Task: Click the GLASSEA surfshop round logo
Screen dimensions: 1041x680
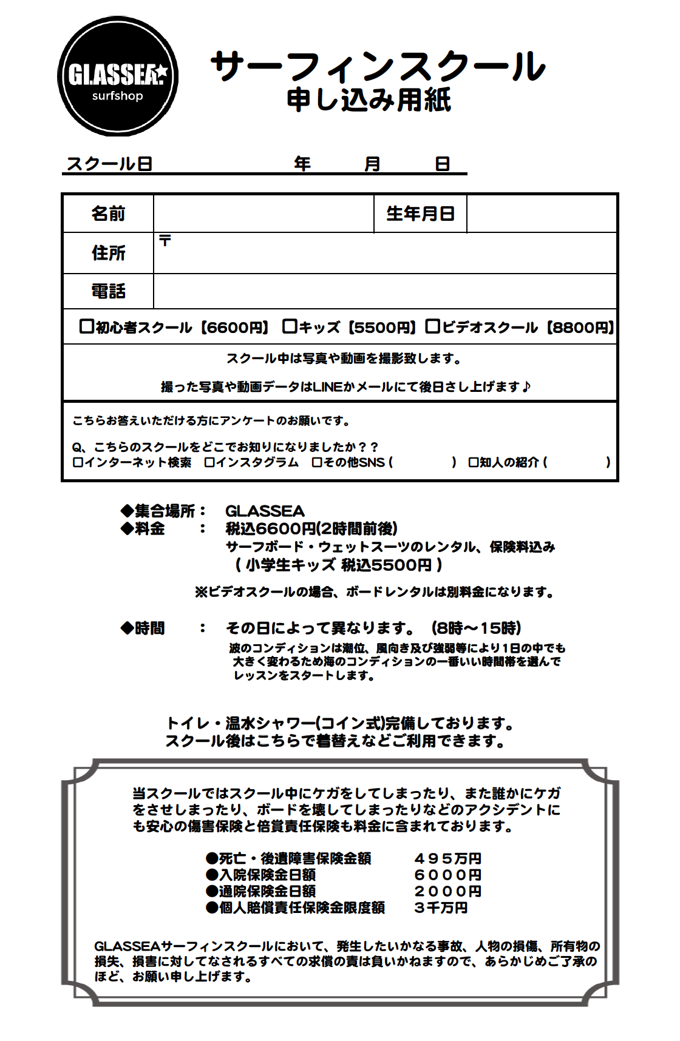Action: pos(118,76)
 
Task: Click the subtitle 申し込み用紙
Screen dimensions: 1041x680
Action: pos(369,100)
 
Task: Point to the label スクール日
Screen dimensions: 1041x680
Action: pos(109,164)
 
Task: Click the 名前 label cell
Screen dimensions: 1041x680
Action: pos(108,214)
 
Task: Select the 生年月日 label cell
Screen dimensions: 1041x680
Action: pos(420,214)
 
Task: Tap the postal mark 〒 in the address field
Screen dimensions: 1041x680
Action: pos(165,241)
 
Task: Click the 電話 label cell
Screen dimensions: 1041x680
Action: pos(108,291)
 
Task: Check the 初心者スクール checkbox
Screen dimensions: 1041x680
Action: pos(86,326)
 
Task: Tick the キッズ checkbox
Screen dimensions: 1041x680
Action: pos(290,326)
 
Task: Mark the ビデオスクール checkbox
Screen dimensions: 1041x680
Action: pos(432,326)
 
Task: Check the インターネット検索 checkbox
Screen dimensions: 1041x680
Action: pos(78,462)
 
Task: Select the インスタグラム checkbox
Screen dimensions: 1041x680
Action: pos(209,462)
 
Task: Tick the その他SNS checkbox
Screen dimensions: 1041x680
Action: pos(317,462)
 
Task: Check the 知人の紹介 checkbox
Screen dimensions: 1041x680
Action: pos(473,462)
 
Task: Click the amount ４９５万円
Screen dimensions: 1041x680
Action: pos(447,858)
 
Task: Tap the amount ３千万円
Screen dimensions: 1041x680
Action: pos(441,908)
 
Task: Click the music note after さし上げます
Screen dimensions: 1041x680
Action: pos(526,386)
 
